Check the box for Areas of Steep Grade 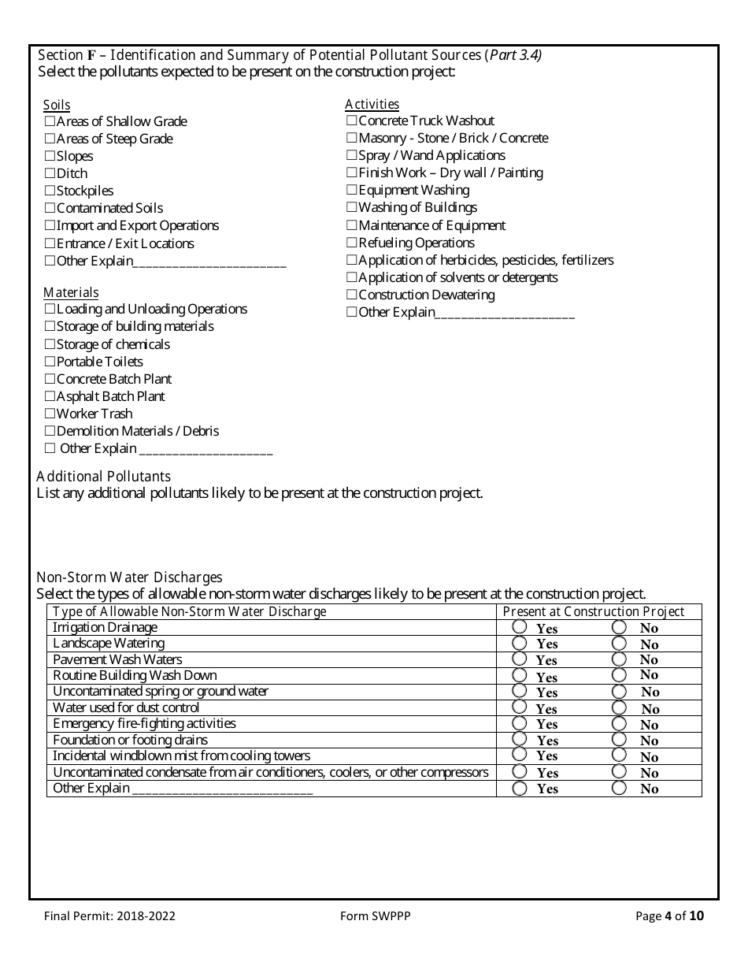[50, 139]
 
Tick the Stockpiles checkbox [50, 191]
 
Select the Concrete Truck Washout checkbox [352, 121]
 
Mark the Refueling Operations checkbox [352, 243]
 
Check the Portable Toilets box [50, 362]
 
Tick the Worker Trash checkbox [50, 414]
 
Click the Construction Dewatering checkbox [352, 295]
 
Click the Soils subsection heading [57, 105]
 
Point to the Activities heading [372, 104]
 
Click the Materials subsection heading [71, 292]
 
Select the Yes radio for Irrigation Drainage [520, 627]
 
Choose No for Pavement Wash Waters [620, 659]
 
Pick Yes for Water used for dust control [520, 707]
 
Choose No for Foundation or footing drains [620, 740]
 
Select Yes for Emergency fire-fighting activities [520, 723]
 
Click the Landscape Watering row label [109, 644]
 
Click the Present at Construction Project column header [594, 612]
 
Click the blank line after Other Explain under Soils [209, 262]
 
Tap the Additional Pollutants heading [103, 476]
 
